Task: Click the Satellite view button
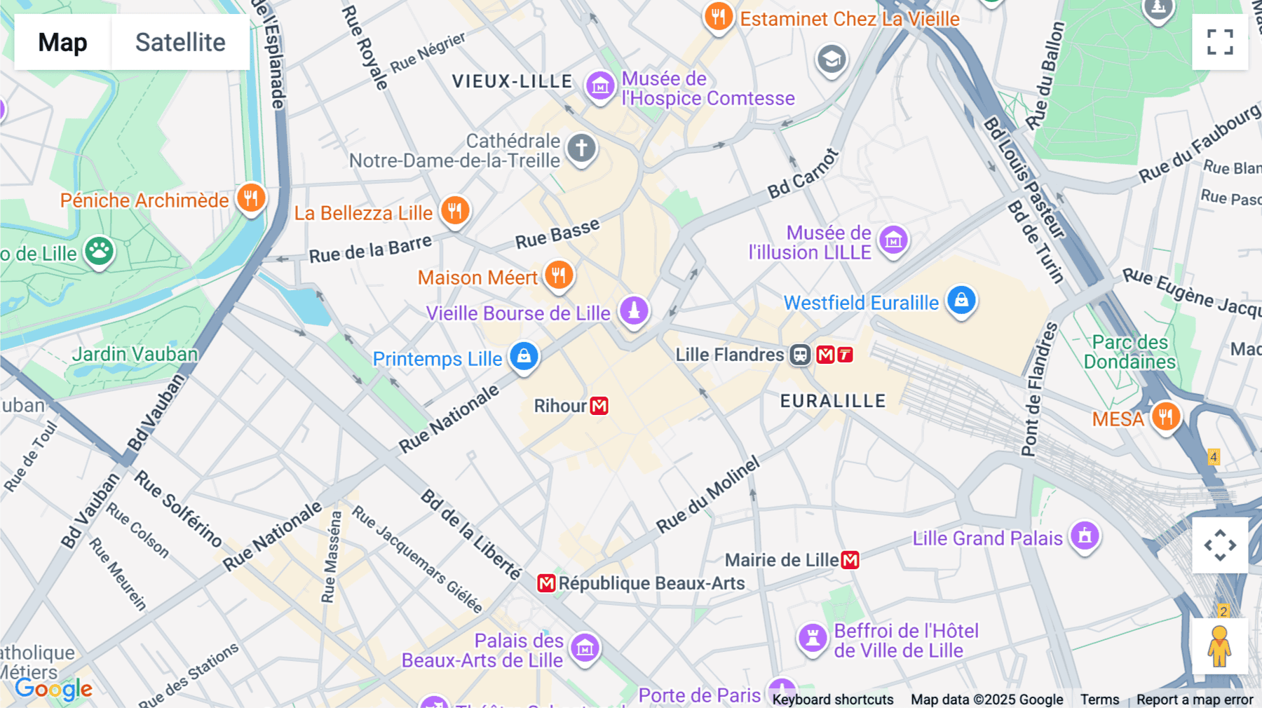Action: [180, 42]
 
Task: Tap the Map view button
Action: [62, 42]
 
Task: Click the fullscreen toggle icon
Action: [1220, 42]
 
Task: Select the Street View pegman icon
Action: [1219, 646]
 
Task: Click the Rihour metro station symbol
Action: [599, 406]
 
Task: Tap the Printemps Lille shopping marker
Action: [524, 356]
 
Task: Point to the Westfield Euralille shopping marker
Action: [961, 300]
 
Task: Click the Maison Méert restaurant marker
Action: [559, 275]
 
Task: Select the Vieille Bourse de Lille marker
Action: [634, 310]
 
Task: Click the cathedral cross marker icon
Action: [581, 149]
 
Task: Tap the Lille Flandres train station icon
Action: [800, 355]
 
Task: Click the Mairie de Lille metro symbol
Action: [850, 560]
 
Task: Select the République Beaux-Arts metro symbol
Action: [546, 583]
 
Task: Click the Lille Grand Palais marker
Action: [1085, 536]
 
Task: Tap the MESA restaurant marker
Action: [1165, 417]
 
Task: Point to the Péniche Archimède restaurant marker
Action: [250, 198]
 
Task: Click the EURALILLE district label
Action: [833, 401]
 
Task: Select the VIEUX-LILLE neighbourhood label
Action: [512, 81]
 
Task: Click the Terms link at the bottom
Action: [1099, 699]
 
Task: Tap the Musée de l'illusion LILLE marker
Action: [893, 240]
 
